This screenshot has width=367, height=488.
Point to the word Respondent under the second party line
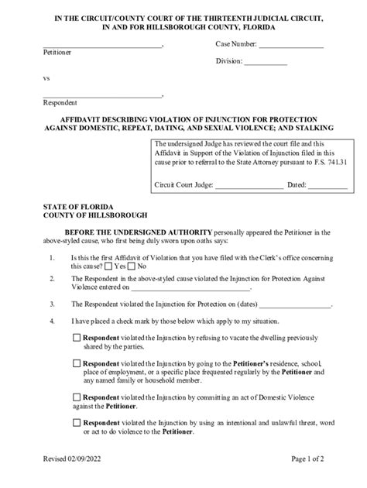60,102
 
